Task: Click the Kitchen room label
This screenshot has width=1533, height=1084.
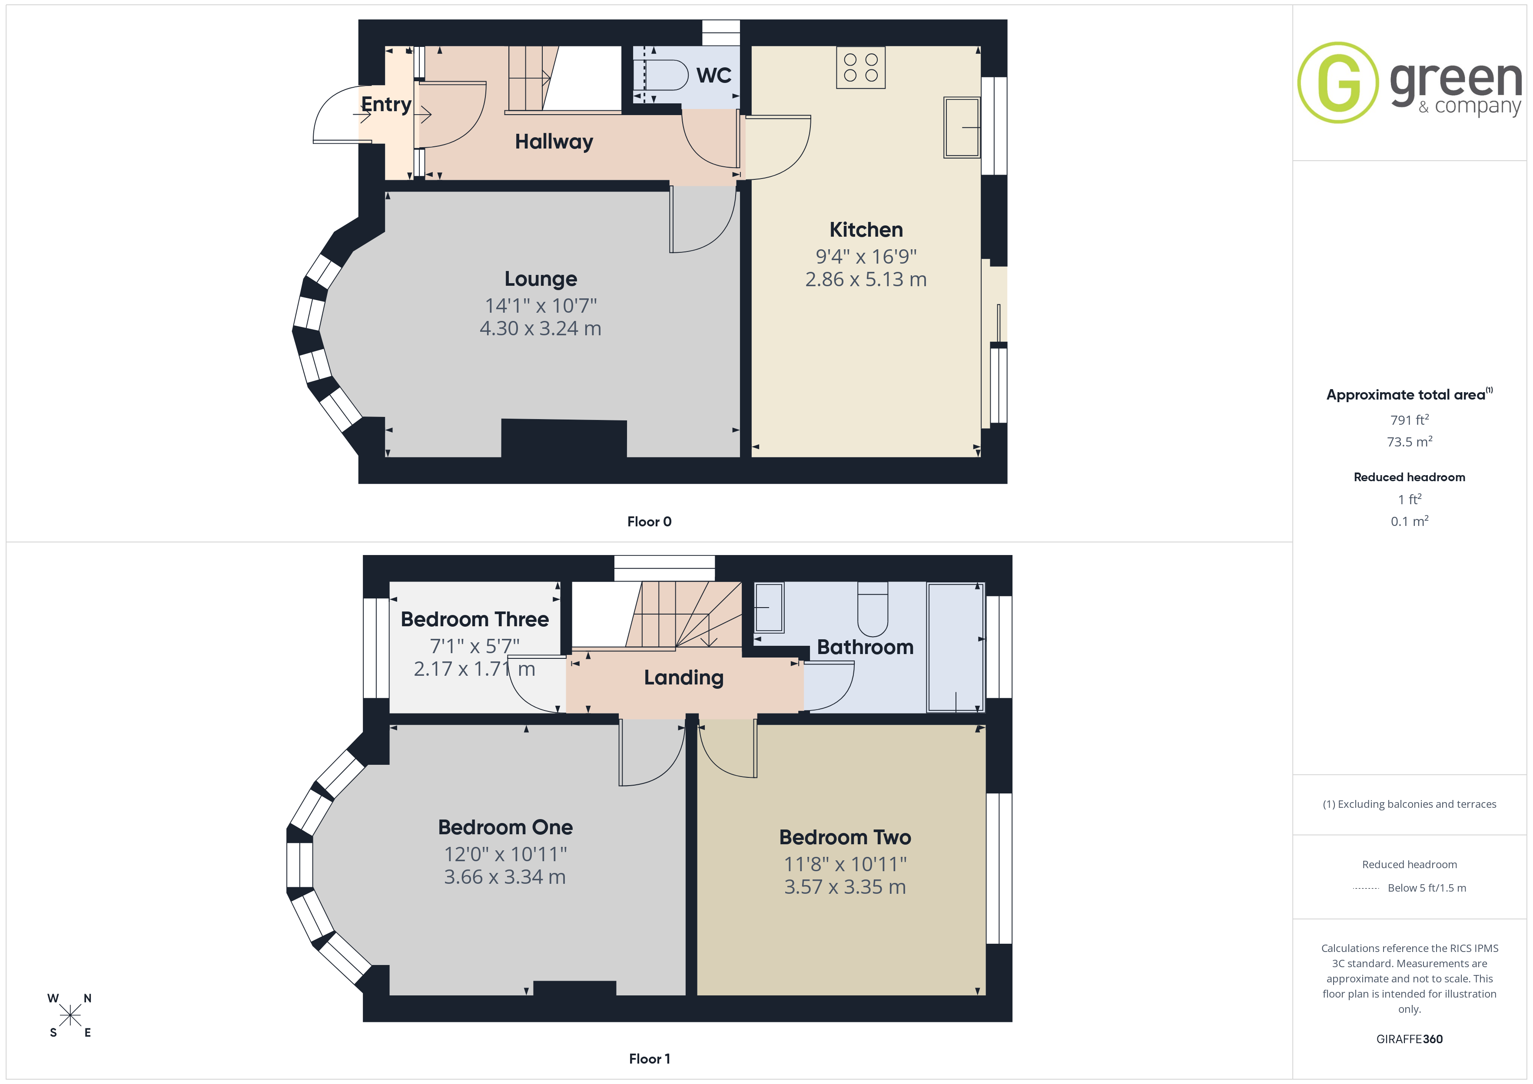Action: pos(866,230)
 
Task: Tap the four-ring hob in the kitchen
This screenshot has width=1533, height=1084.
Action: pos(861,67)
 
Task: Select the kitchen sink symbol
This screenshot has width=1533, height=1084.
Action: pos(962,128)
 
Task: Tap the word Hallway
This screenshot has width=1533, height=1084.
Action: pos(554,142)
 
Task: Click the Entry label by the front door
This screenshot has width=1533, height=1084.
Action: pos(386,104)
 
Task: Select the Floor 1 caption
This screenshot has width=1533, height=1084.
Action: pos(649,1059)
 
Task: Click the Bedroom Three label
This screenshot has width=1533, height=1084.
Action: pos(475,619)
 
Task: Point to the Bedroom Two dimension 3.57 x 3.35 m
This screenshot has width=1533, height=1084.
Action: pos(845,887)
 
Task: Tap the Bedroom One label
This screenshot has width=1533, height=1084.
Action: pos(505,828)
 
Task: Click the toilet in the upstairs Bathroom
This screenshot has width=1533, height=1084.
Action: pos(873,609)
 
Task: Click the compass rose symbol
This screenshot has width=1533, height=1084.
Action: pos(70,1015)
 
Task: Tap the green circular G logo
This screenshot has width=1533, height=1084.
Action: pos(1337,83)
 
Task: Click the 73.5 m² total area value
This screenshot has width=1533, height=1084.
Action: pos(1410,441)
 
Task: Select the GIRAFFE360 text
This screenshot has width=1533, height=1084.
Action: pos(1410,1039)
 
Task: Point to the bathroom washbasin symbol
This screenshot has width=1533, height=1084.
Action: pos(769,608)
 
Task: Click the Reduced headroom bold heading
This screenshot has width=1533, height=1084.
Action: pos(1410,477)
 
